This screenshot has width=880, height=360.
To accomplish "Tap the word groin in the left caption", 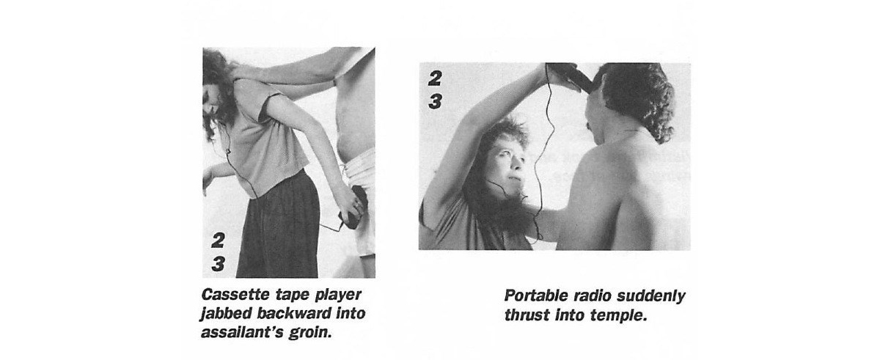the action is pyautogui.click(x=310, y=333).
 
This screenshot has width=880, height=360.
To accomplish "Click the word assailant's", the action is pyautogui.click(x=243, y=333).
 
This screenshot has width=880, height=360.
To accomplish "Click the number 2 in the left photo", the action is pyautogui.click(x=218, y=240).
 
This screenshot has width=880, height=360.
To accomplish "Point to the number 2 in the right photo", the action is pyautogui.click(x=435, y=78).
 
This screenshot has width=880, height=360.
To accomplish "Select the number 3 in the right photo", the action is pyautogui.click(x=435, y=101).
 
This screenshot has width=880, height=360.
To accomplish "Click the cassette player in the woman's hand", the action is pyautogui.click(x=356, y=207).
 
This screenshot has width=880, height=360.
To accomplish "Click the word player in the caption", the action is pyautogui.click(x=339, y=295).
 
